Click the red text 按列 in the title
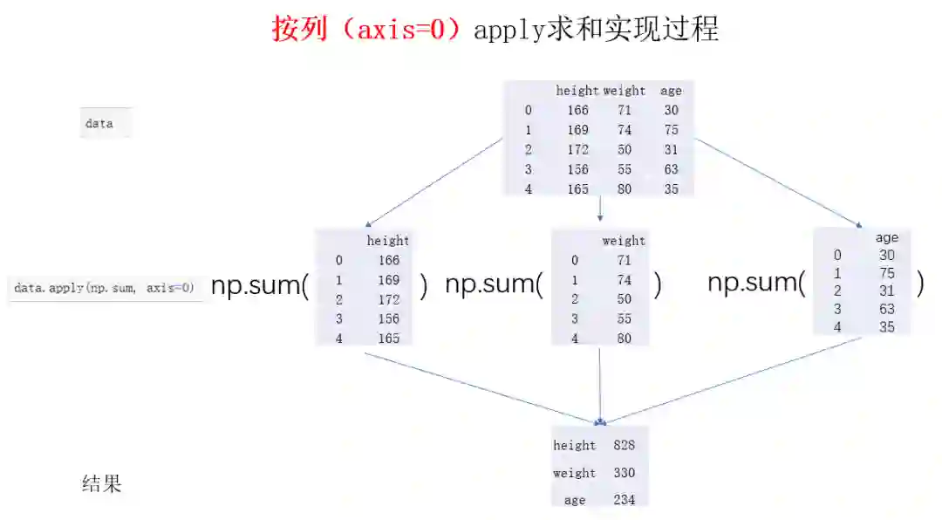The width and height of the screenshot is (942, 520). (x=299, y=29)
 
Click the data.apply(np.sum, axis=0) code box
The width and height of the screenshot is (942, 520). (x=105, y=287)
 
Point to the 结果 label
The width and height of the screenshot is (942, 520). (x=101, y=483)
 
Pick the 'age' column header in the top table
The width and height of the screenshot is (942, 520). (x=671, y=91)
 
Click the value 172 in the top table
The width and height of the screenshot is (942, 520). (x=577, y=149)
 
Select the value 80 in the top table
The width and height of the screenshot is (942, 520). (x=625, y=188)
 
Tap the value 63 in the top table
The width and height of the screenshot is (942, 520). (x=670, y=169)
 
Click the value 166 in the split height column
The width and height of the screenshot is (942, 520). (x=388, y=260)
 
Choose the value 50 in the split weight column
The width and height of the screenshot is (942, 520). (x=624, y=299)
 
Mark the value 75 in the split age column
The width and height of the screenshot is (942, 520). (x=887, y=272)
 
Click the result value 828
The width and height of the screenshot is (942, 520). (x=624, y=445)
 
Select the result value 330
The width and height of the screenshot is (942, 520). (x=624, y=473)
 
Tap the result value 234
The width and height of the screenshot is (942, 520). (x=624, y=500)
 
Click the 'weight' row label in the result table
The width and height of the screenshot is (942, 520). (x=574, y=473)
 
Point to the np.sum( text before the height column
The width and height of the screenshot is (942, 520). (x=260, y=286)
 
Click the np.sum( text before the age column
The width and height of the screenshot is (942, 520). (x=755, y=283)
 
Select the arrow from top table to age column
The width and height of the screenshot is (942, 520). (x=776, y=182)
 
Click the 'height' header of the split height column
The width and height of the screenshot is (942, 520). (x=387, y=241)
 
